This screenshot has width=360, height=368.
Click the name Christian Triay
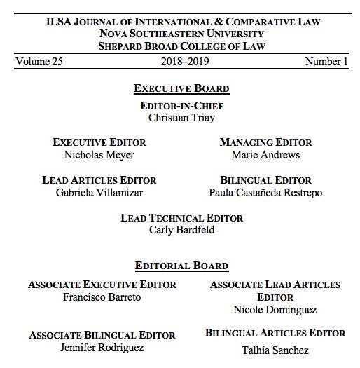coord(181,118)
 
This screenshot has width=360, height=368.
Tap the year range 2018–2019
coord(181,62)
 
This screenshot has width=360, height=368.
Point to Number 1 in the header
coord(326,62)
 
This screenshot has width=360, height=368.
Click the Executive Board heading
coord(181,89)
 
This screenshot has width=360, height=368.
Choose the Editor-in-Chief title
coord(181,106)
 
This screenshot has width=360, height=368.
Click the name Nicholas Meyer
coord(99,155)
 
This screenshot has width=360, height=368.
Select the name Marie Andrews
coord(265,155)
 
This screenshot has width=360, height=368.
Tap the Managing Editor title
coord(265,142)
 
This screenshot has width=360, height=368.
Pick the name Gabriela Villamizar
coord(99,193)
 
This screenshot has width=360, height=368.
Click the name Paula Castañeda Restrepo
coord(265,193)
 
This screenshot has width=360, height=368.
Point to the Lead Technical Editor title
coord(181,218)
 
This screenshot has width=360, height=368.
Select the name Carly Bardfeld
coord(181,230)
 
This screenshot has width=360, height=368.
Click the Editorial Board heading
coord(181,266)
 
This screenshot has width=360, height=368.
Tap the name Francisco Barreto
coord(102,297)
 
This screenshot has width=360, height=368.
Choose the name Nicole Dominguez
coord(275,309)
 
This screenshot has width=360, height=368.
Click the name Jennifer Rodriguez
coord(102,348)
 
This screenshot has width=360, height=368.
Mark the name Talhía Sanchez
coord(275,350)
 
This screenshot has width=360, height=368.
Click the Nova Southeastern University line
coord(181,33)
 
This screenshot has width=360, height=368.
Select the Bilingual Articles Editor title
coord(275,333)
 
